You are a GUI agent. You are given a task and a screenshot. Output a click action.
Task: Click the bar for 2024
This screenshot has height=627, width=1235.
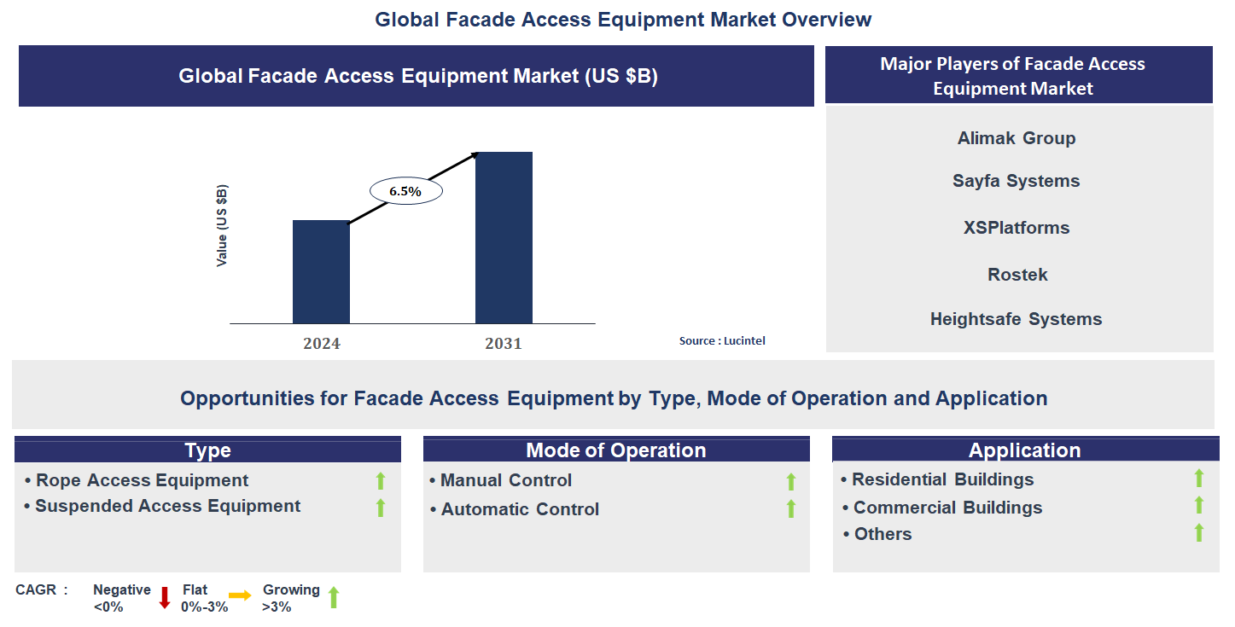coord(321,272)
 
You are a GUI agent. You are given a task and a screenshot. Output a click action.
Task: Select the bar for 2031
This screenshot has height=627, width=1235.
coord(504,238)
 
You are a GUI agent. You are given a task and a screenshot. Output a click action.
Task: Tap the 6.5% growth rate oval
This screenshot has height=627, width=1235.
coord(405,192)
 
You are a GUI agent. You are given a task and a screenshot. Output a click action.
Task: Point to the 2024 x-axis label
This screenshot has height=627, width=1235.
coord(321,344)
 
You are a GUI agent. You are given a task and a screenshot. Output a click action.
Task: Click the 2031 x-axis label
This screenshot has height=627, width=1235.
coord(504,344)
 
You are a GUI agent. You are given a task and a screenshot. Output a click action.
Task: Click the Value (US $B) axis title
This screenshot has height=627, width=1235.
coord(222,225)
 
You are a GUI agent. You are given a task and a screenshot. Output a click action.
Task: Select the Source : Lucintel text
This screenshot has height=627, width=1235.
coord(722,341)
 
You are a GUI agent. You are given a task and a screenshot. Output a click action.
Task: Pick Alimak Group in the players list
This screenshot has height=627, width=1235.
coord(1017,138)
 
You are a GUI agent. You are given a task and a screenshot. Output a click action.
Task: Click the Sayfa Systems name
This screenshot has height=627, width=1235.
coord(1017,181)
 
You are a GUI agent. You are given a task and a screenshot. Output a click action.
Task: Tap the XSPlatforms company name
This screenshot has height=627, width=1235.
coord(1017,228)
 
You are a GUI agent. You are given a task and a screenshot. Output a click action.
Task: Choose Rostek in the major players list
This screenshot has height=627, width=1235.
coord(1017,275)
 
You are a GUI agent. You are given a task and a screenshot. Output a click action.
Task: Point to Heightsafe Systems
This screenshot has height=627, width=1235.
coord(1017,319)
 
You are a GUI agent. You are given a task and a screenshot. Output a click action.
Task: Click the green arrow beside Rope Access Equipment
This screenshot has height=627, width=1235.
coord(381,481)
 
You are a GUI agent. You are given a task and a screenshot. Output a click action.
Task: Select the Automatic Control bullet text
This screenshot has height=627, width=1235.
coord(520,509)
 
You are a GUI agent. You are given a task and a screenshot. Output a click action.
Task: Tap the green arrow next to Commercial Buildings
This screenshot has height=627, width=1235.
coord(1199,506)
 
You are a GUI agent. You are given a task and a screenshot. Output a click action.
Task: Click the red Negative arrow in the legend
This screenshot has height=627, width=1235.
coord(165,598)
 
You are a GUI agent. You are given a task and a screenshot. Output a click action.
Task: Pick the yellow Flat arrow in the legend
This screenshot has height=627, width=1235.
coord(240,596)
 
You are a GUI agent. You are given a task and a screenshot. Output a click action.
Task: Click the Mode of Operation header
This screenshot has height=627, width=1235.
coord(616,450)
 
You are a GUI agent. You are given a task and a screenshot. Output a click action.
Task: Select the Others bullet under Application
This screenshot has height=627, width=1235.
coord(883,534)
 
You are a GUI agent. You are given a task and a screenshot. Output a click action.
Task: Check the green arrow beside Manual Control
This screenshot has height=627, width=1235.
coord(791,482)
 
